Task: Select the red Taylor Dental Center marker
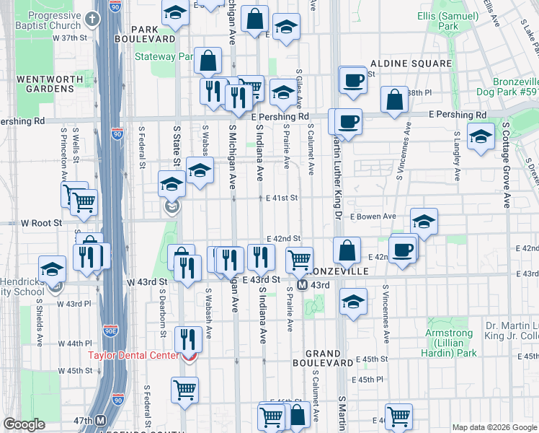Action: (189, 356)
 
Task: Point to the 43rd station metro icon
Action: (303, 285)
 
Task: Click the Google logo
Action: (24, 424)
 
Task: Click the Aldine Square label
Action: (410, 64)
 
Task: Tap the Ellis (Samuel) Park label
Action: (447, 20)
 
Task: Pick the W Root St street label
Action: (42, 224)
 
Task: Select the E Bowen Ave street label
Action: (373, 216)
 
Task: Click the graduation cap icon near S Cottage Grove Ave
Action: (481, 136)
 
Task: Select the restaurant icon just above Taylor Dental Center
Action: (188, 338)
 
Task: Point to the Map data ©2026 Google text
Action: (494, 427)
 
